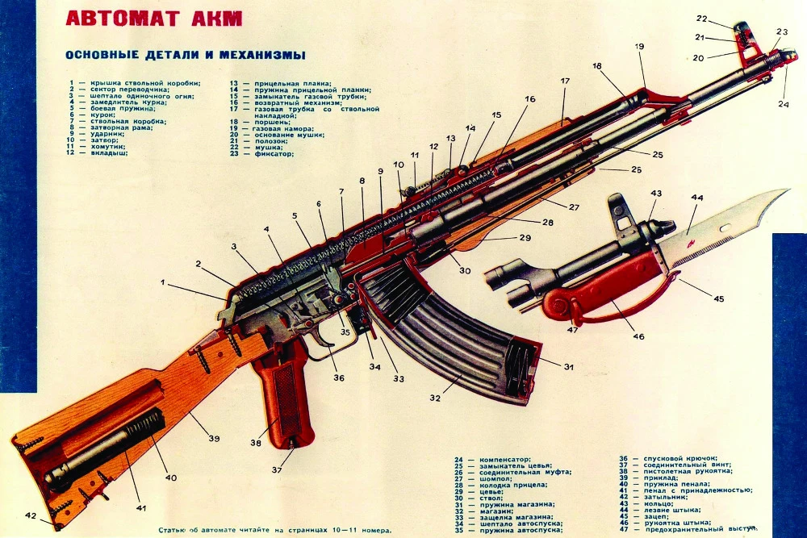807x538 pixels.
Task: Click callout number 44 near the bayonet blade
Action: [x=696, y=198]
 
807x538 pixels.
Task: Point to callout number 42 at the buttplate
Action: [x=31, y=515]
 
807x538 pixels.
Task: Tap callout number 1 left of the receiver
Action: [x=163, y=283]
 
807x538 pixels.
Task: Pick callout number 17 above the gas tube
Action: [x=565, y=81]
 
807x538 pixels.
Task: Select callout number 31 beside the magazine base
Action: [x=568, y=367]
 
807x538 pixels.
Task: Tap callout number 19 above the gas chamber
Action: [x=639, y=47]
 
